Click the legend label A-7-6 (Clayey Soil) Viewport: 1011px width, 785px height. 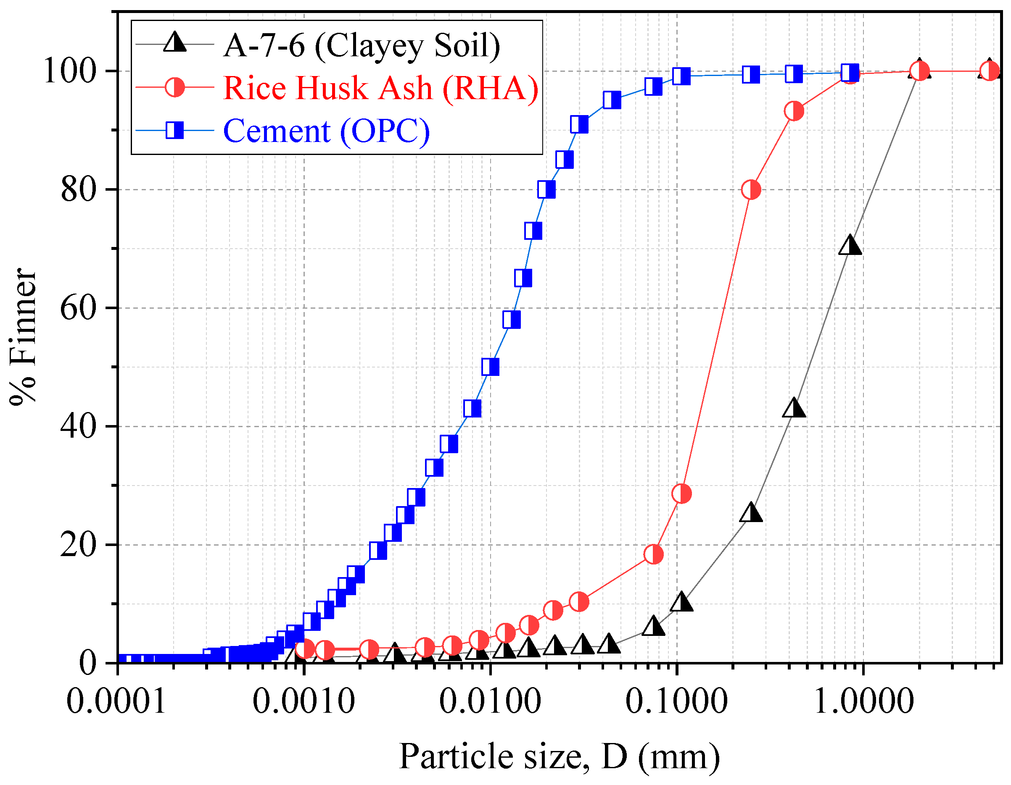[362, 46]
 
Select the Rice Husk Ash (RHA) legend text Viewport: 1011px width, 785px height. [380, 88]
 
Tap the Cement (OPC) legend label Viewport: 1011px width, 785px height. [326, 131]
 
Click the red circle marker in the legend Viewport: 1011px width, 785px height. [175, 87]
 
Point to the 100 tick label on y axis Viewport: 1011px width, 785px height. [69, 71]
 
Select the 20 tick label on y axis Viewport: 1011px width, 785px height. [78, 545]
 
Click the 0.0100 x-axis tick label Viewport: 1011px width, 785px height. [490, 701]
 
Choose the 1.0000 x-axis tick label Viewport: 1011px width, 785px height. [863, 701]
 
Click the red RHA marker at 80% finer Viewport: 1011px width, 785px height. [751, 190]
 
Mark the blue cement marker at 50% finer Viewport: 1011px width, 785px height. [490, 367]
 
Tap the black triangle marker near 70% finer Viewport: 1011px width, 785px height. [850, 245]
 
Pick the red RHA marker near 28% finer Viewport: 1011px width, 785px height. [681, 494]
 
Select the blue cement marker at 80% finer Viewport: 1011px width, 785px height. [546, 190]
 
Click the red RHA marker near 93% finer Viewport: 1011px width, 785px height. [794, 111]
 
